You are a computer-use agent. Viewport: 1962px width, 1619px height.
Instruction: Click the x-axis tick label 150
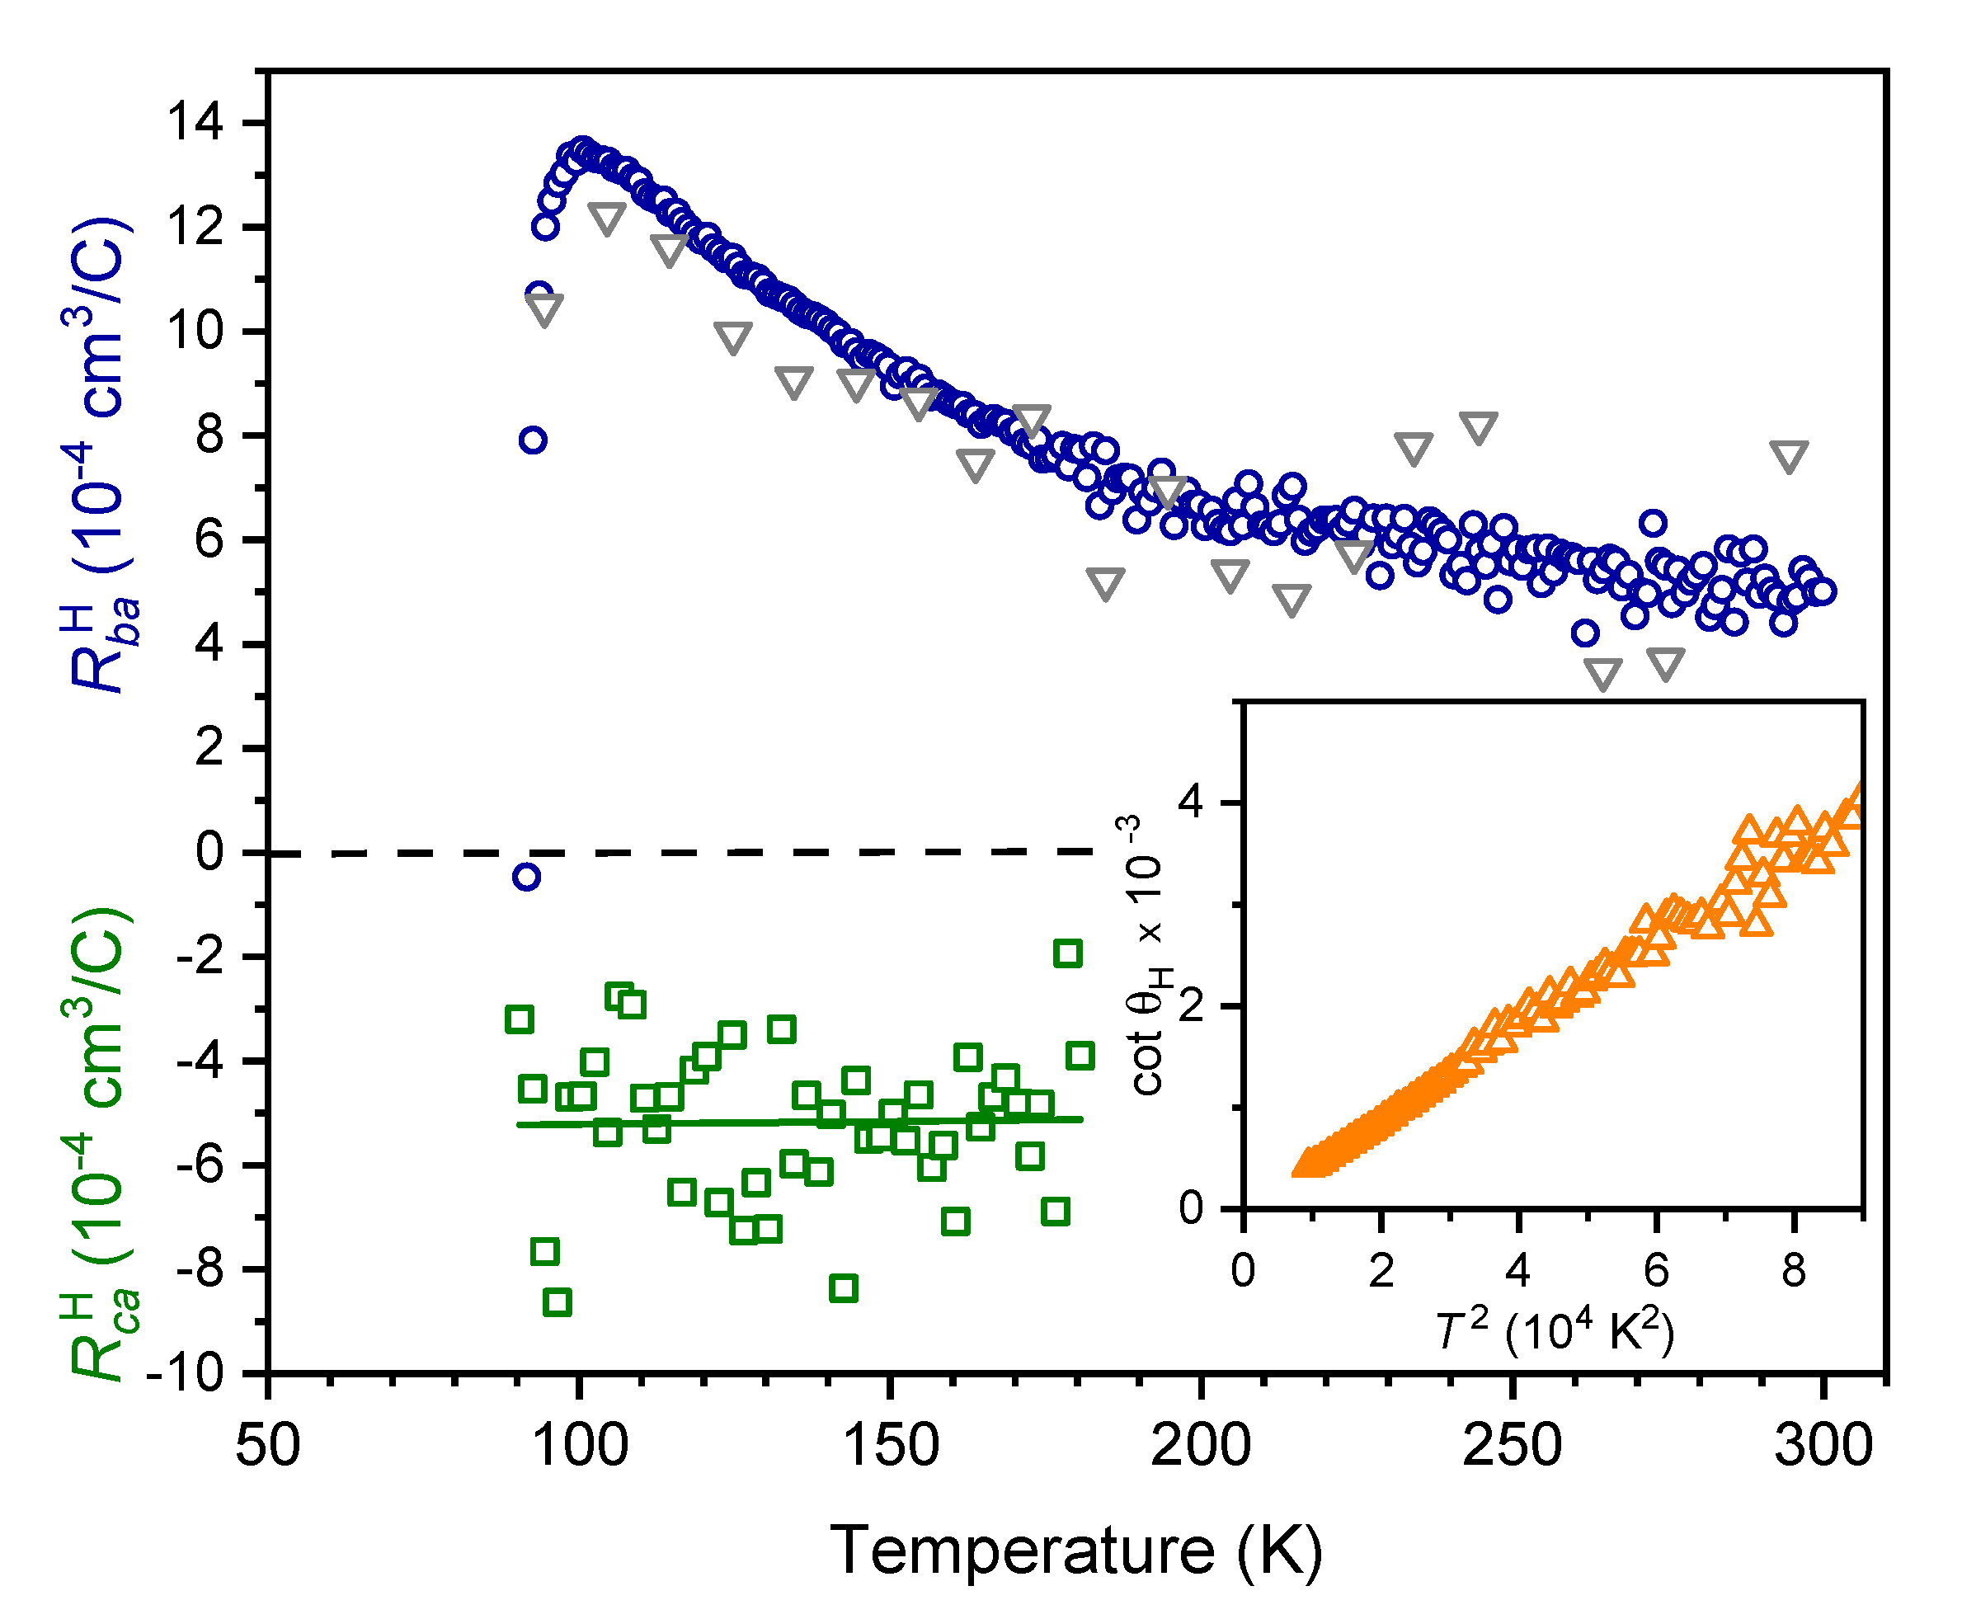tap(890, 1447)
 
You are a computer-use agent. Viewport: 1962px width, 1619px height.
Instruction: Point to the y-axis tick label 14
tap(195, 122)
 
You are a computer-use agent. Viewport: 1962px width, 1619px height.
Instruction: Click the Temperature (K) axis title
tap(1075, 1551)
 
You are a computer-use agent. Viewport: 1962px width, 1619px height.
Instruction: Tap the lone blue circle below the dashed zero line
tap(527, 877)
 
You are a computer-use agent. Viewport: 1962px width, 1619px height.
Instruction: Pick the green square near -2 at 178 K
tap(1068, 953)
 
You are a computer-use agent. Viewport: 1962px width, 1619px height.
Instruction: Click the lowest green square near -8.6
tap(557, 1302)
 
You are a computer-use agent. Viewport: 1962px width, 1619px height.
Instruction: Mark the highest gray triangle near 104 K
tap(607, 219)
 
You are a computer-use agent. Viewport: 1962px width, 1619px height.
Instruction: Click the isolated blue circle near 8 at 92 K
tap(533, 440)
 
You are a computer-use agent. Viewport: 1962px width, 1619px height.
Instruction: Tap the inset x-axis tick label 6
tap(1656, 1270)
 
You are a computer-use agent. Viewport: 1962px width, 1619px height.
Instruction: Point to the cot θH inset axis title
tap(1148, 956)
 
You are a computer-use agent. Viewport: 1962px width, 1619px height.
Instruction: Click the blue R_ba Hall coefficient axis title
tap(101, 457)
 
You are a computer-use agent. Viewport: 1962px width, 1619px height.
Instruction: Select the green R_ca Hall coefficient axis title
tap(101, 1142)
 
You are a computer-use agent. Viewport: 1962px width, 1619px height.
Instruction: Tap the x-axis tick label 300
tap(1822, 1447)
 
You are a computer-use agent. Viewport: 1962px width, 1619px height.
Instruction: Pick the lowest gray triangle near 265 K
tap(1603, 673)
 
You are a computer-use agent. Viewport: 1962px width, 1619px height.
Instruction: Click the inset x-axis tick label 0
tap(1243, 1270)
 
